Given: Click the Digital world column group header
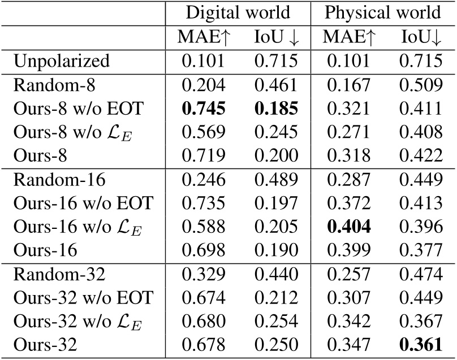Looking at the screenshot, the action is coord(238,13).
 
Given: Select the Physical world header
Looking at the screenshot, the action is coord(382,13).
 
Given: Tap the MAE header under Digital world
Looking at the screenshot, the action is coord(204,37).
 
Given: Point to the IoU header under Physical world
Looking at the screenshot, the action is coord(421,37).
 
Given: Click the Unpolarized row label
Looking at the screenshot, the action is coord(62,62).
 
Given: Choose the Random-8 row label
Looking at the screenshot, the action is coord(54,85).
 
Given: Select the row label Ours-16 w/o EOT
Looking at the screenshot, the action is coord(83,203).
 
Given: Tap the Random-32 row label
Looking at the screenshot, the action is coord(59,274).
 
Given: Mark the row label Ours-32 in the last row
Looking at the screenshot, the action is coord(45,344).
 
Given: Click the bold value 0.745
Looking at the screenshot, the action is coord(204,109).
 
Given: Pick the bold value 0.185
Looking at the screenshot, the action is coord(276,109).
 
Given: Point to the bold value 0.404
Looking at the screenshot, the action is coord(348,226).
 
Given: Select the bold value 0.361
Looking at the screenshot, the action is coord(421,344).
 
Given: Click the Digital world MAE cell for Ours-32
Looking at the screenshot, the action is coord(204,344).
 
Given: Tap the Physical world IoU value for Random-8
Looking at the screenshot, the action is coord(421,85).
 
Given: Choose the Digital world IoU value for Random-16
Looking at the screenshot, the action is coord(276,179).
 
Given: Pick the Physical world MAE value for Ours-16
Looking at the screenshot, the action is coord(348,250).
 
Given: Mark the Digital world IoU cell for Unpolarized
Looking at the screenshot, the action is coord(276,61).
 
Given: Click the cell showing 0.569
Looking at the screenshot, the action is coord(204,132).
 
